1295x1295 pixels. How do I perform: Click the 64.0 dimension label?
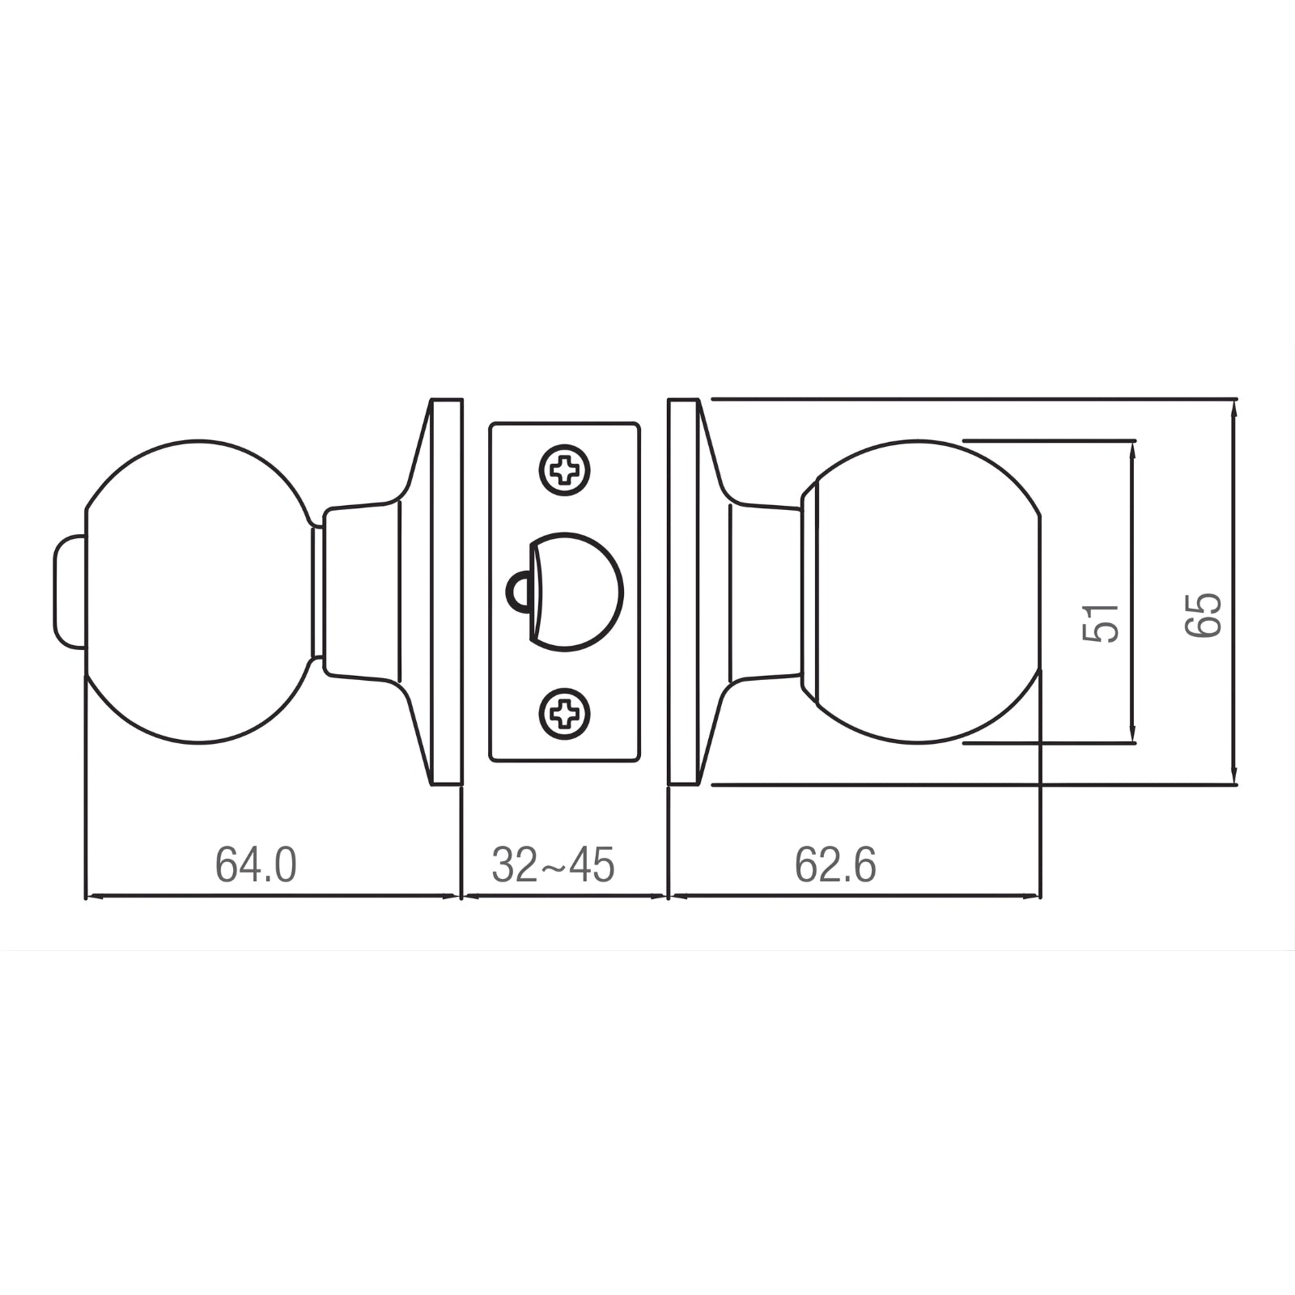[x=256, y=865]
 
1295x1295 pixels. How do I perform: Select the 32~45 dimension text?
[x=554, y=865]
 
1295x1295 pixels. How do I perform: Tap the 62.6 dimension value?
[x=835, y=865]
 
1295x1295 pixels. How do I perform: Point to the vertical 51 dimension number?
[x=1101, y=622]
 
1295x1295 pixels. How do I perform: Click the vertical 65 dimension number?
[x=1203, y=615]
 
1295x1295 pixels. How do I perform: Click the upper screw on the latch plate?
[x=565, y=469]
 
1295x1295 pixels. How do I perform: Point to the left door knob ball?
[x=198, y=592]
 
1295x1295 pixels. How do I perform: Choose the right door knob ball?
[x=927, y=592]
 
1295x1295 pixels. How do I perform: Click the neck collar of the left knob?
[x=360, y=590]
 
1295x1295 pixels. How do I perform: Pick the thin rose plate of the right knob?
[x=684, y=592]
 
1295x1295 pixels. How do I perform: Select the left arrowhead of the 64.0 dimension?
[x=94, y=896]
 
